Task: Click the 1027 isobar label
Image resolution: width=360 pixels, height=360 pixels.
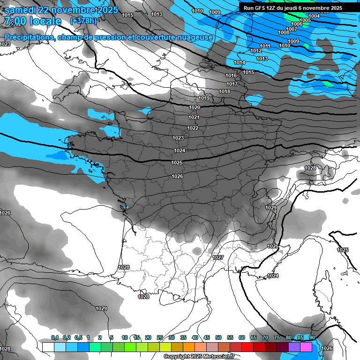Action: coord(217,258)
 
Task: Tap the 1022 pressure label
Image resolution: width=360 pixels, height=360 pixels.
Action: coord(193,128)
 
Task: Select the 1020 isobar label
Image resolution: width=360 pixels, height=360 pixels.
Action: coord(195,107)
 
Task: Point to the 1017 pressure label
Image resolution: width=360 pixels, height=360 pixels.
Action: coord(232,84)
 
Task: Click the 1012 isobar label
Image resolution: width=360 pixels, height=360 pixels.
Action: coord(256,51)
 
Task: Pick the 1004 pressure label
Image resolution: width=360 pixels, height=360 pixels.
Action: coord(314,16)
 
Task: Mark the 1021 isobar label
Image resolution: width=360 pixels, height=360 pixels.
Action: coord(194,117)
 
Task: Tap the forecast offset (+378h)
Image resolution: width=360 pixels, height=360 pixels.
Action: coord(83,21)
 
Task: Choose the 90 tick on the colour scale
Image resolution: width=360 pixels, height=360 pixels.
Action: coord(312,337)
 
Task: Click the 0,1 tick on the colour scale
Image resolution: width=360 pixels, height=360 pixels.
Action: coord(55,337)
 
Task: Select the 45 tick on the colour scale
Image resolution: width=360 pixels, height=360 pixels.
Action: coord(207,337)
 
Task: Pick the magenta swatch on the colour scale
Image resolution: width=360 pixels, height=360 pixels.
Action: coord(306,347)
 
